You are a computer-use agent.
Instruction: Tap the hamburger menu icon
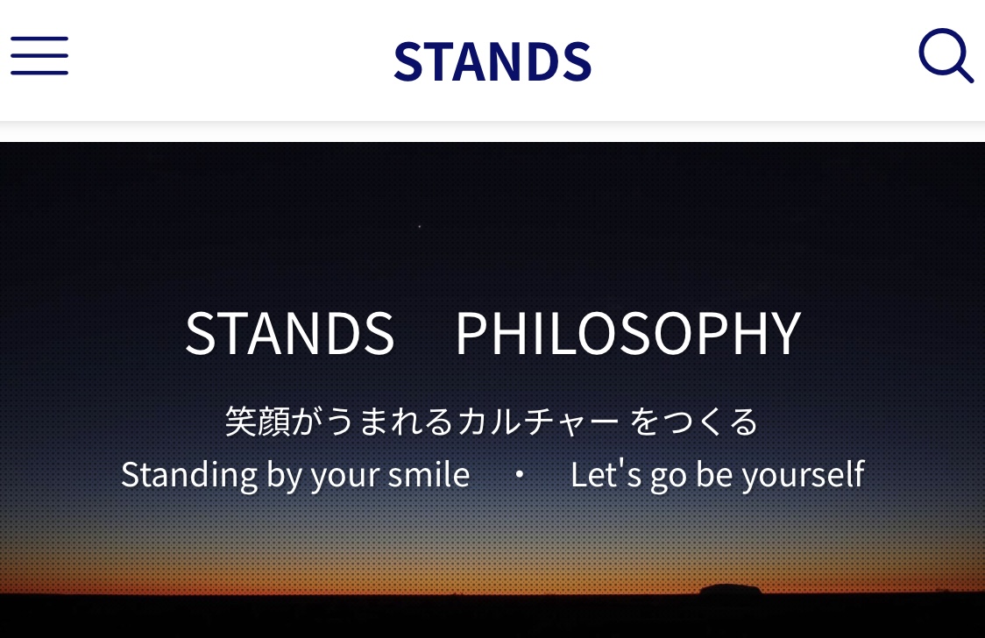[x=39, y=55]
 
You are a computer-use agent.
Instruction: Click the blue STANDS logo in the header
[x=492, y=61]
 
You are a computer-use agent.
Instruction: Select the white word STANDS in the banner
[x=289, y=333]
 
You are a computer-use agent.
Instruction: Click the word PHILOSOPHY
[x=628, y=333]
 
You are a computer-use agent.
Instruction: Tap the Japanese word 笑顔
[x=258, y=422]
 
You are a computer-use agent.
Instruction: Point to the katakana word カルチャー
[x=538, y=422]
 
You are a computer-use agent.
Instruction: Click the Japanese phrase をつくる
[x=694, y=422]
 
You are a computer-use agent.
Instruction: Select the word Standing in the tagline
[x=189, y=475]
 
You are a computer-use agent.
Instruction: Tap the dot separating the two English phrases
[x=520, y=475]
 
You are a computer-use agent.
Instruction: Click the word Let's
[x=606, y=474]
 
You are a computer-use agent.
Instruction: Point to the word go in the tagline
[x=669, y=478]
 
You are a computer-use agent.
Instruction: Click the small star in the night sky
[x=419, y=226]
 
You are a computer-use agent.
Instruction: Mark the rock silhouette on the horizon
[x=731, y=589]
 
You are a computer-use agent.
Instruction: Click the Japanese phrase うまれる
[x=389, y=422]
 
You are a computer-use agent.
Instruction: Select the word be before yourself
[x=714, y=474]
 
